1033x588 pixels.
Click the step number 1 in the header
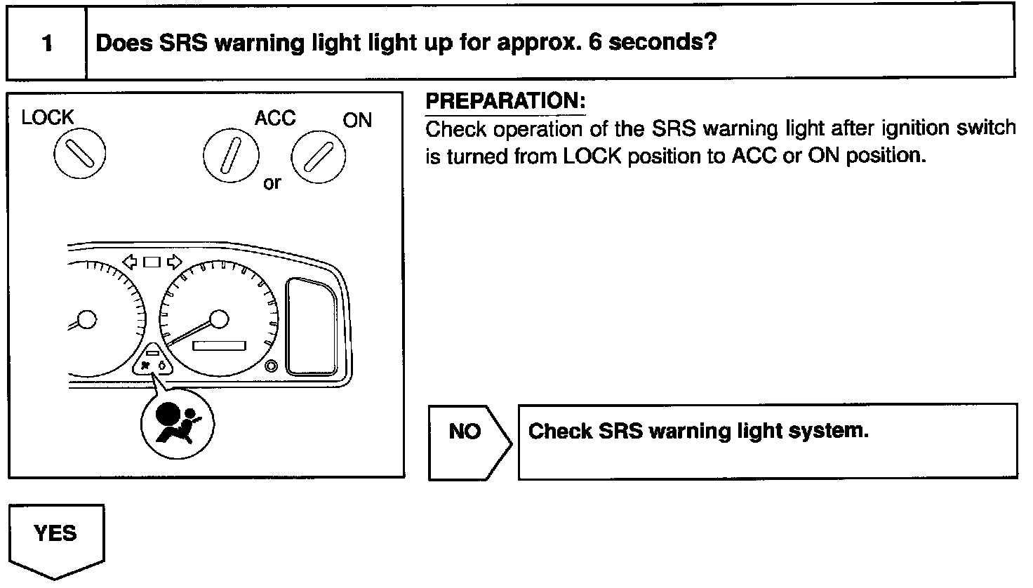click(47, 44)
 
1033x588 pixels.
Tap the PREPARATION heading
click(505, 102)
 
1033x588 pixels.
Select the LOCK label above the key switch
click(47, 117)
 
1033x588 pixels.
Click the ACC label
click(274, 118)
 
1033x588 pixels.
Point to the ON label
click(357, 120)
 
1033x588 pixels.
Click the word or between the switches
click(272, 184)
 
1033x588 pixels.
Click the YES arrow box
click(55, 539)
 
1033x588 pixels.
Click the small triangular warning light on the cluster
click(152, 360)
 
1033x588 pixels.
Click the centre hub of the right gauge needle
click(220, 320)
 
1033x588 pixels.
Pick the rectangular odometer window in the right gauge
click(220, 347)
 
